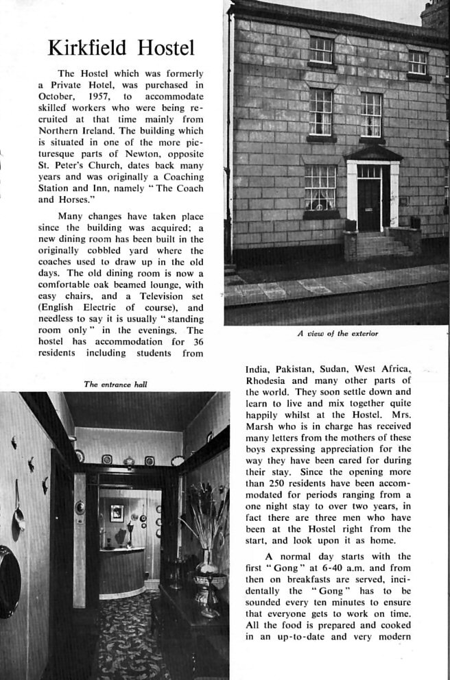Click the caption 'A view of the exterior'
coord(337,334)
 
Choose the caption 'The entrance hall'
coord(115,385)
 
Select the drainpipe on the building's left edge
coord(230,137)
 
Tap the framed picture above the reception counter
coord(117,511)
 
